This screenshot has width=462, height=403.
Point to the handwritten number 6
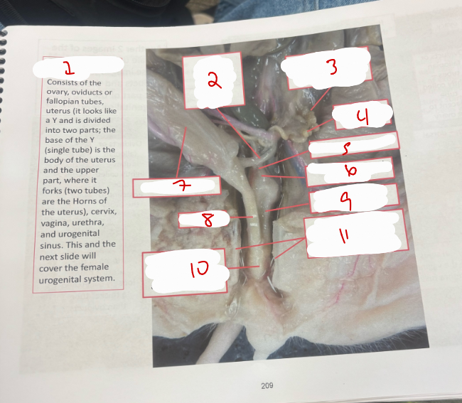350,171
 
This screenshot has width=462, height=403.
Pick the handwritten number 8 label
208,220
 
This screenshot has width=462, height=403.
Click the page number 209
267,385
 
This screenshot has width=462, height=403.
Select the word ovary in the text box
57,92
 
